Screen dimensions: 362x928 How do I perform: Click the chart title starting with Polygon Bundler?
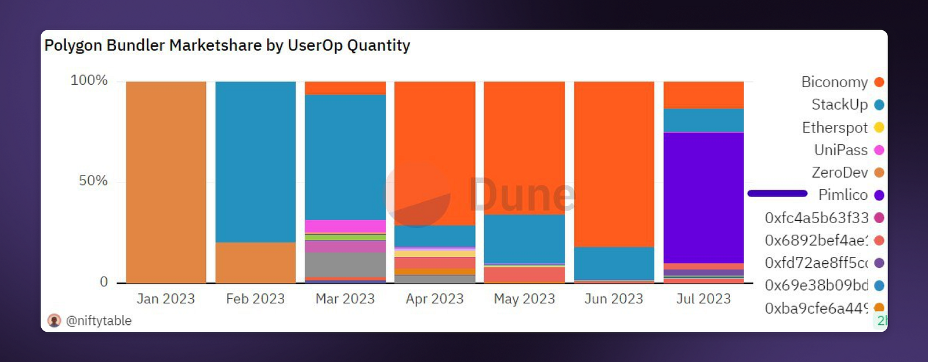227,45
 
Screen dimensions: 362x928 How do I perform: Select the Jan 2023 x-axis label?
165,299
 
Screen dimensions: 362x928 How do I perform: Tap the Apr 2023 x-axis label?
434,299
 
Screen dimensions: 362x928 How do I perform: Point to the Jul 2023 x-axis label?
703,299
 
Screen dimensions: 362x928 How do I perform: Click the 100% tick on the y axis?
89,80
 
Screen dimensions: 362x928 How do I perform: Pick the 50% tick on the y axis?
93,181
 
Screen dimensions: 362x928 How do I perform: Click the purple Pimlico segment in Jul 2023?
703,198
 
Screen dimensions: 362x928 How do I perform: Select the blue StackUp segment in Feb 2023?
255,162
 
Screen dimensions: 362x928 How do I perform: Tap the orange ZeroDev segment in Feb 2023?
255,262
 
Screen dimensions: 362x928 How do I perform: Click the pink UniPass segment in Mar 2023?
345,226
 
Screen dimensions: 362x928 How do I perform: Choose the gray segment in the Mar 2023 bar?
345,264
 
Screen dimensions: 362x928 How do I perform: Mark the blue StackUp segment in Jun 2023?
614,263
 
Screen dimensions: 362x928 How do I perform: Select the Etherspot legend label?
835,127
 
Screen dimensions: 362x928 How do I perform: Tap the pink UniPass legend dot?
879,150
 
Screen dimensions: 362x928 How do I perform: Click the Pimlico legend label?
843,195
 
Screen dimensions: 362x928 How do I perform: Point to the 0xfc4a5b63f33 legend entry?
817,218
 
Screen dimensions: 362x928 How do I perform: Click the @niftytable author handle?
99,321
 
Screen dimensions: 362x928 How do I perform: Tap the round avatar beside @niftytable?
54,321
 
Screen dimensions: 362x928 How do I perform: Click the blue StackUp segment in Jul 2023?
703,120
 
